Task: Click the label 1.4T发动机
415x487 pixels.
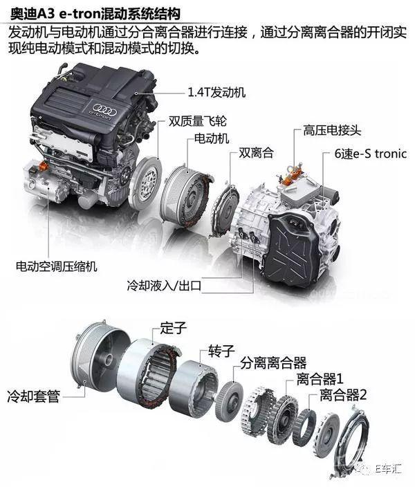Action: [216, 92]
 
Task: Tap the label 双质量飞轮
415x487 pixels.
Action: [198, 121]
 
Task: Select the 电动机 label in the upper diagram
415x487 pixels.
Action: [212, 138]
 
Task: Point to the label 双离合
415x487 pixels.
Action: [256, 153]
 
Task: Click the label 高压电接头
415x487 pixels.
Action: [333, 131]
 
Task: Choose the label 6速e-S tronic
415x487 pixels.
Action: [371, 154]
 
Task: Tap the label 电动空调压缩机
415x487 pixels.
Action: [57, 266]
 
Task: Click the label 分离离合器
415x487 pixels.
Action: [273, 362]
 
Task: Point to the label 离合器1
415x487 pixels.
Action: [320, 379]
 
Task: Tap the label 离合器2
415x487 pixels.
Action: [343, 395]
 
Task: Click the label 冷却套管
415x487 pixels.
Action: [34, 396]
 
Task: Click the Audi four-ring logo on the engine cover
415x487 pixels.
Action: [104, 109]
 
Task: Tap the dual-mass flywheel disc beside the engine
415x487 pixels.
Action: [145, 183]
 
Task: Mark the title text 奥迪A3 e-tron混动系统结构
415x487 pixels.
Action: [95, 15]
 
